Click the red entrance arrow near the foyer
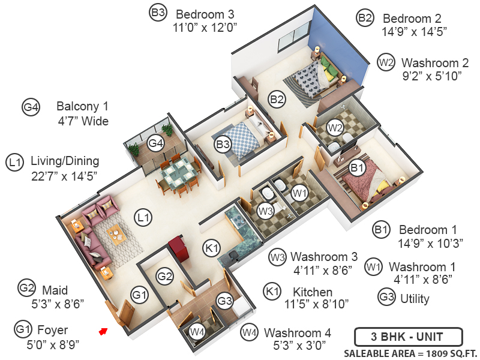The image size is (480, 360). pyautogui.click(x=103, y=330)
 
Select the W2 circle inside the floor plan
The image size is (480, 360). pyautogui.click(x=335, y=127)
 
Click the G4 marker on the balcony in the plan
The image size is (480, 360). pyautogui.click(x=156, y=143)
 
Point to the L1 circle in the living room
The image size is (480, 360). pyautogui.click(x=142, y=217)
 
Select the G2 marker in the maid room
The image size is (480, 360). pyautogui.click(x=165, y=277)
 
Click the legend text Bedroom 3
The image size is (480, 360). pyautogui.click(x=205, y=13)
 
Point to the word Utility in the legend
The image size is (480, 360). pyautogui.click(x=415, y=297)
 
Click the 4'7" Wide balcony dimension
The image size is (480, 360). pyautogui.click(x=82, y=121)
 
